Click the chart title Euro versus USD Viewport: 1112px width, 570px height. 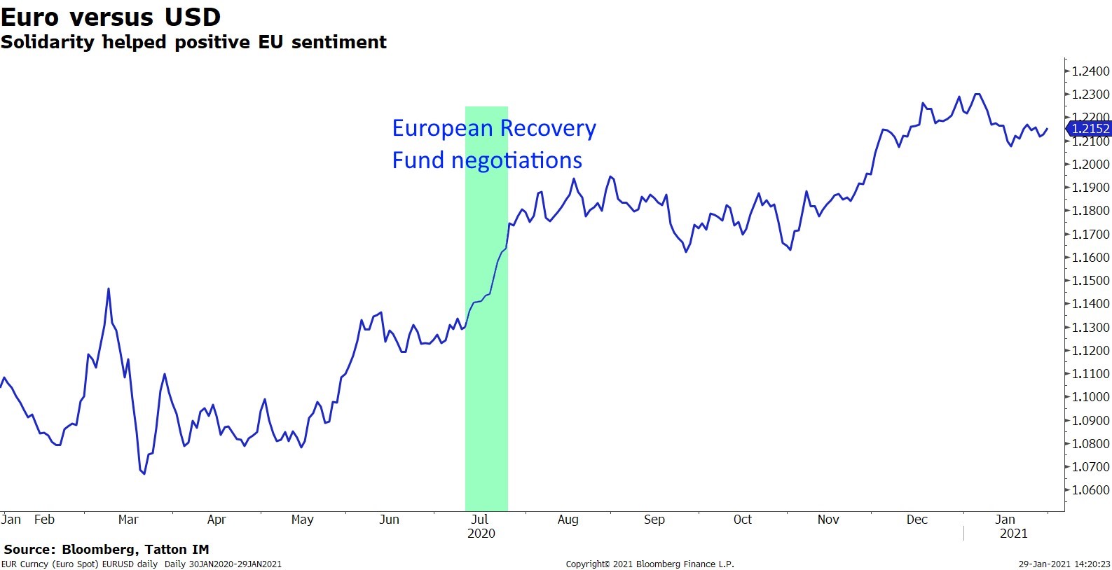(111, 16)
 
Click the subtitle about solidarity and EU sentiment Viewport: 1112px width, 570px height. (193, 42)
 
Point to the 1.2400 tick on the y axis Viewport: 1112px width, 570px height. (1091, 71)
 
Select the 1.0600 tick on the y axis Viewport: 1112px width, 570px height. (1091, 490)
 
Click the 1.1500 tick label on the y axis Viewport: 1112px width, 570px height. (1091, 281)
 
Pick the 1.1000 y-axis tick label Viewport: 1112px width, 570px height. (1091, 397)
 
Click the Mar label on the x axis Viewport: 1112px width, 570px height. (128, 520)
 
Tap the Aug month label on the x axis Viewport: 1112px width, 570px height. (568, 520)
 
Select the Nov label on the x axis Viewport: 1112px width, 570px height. (828, 520)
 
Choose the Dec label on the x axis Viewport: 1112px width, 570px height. (917, 520)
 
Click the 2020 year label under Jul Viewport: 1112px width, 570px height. (481, 534)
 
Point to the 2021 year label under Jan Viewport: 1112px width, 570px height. (1013, 534)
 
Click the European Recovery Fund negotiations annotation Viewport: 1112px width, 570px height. (493, 144)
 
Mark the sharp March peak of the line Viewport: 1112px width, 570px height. (109, 289)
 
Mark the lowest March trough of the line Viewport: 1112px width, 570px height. (144, 474)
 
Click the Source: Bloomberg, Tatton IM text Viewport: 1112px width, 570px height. (107, 550)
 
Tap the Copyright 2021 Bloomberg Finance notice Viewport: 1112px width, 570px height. (650, 564)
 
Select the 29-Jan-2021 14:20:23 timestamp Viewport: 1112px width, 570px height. (1064, 564)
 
